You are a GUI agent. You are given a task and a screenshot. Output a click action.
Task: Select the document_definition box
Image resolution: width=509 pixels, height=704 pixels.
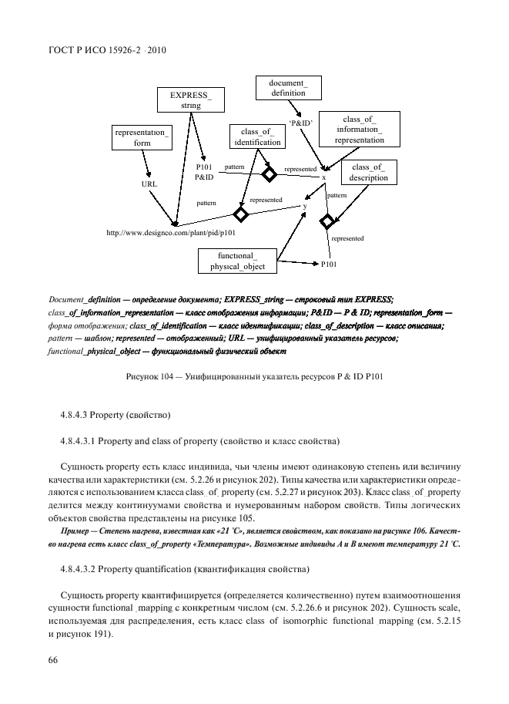[x=288, y=87]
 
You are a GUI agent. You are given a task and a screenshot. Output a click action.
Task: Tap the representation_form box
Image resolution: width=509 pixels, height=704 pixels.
[x=141, y=137]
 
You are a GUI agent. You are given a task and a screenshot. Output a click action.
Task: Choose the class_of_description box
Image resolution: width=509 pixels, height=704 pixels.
[x=367, y=172]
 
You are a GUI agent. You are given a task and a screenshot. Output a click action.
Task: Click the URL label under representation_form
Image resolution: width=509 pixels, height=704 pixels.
[x=149, y=184]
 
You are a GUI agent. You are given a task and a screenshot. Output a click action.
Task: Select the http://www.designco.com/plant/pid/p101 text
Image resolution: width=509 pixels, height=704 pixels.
[x=171, y=232]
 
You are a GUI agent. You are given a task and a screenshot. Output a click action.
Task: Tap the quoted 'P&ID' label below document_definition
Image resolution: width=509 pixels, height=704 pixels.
[x=300, y=123]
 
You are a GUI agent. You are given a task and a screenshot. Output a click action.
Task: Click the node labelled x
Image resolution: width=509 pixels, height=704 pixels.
[x=323, y=177]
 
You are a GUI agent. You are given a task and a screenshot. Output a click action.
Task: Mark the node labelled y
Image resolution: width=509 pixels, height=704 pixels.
[x=304, y=206]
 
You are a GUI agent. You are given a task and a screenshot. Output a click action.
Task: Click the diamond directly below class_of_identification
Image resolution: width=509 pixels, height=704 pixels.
[x=268, y=174]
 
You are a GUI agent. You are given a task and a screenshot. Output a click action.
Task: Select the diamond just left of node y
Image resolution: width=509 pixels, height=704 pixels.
[x=240, y=214]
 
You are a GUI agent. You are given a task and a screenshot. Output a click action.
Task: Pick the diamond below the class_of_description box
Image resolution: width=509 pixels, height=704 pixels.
[x=327, y=222]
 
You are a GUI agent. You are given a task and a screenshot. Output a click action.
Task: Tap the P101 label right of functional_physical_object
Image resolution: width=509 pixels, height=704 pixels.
[x=328, y=264]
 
